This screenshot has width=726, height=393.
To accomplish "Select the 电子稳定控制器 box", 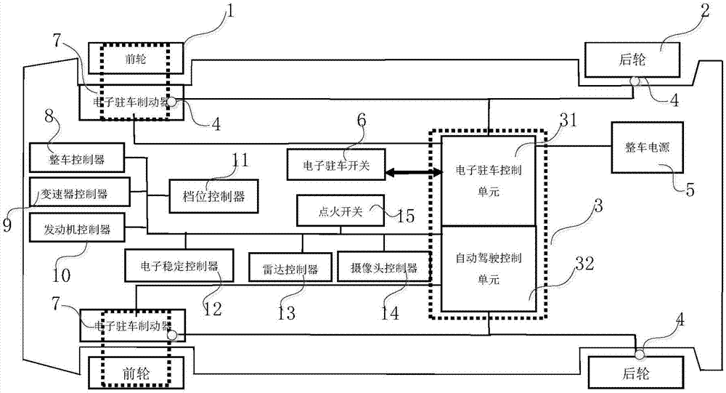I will point(179,266).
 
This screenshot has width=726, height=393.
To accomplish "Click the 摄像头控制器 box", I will point(383,268).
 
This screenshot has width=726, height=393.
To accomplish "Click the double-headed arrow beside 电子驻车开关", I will point(412,173).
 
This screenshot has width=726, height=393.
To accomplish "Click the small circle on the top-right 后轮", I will point(634,81).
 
